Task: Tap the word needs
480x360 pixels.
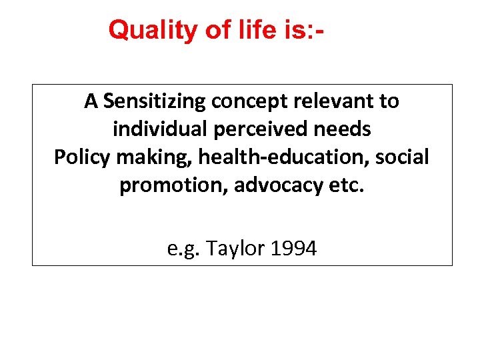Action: [x=343, y=129]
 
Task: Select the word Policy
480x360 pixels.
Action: [x=81, y=157]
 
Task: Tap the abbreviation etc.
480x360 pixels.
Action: [x=348, y=186]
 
